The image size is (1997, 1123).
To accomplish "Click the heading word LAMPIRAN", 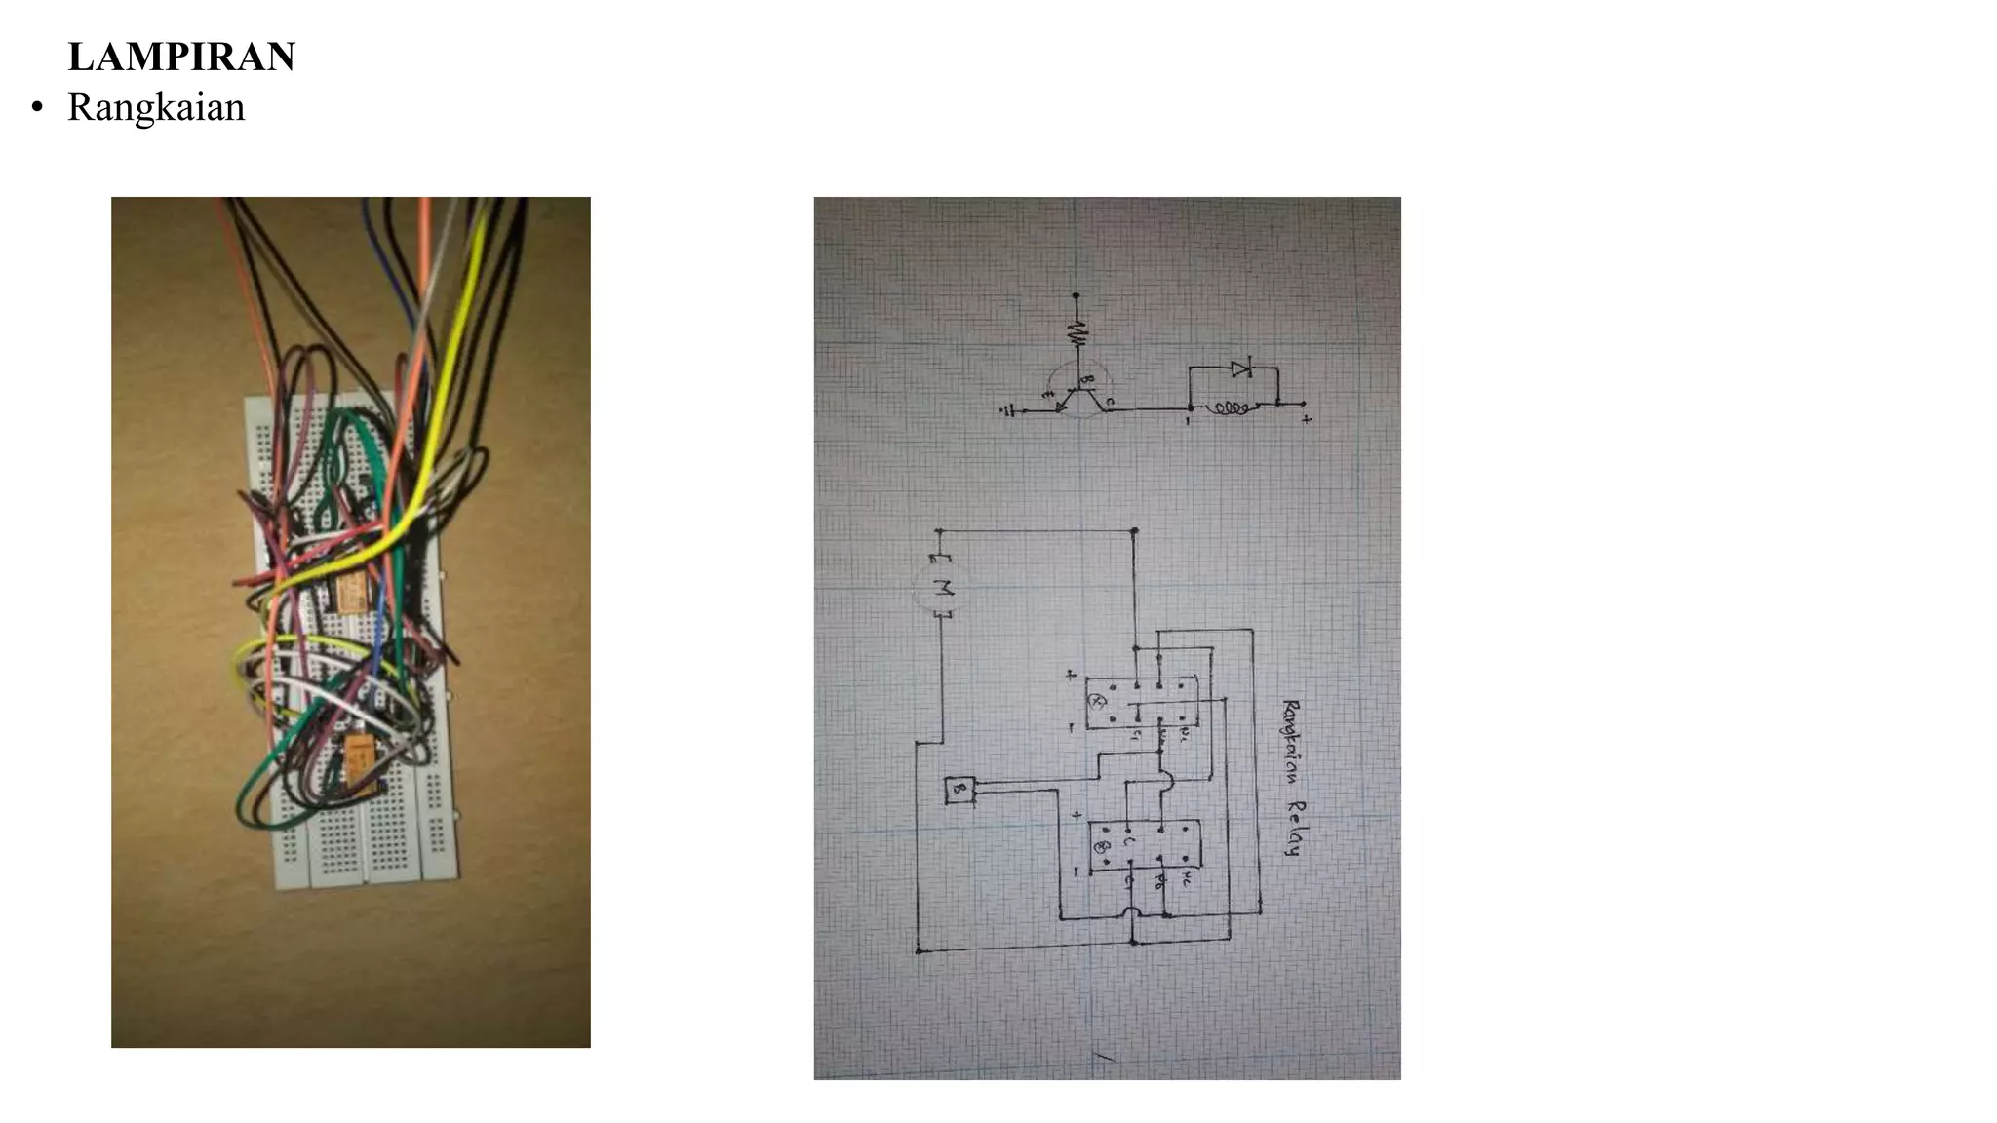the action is [181, 57].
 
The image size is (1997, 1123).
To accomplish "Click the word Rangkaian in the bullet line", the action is [156, 107].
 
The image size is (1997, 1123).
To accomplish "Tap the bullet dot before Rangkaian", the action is [37, 108].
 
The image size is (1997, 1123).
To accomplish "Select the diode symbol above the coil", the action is [1240, 368].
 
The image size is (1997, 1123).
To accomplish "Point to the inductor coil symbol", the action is [1230, 409].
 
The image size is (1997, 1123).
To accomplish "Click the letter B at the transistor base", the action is [1089, 379].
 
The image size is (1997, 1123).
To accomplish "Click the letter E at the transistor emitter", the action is [1047, 395].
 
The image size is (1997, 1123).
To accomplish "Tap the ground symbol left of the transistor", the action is [1009, 411].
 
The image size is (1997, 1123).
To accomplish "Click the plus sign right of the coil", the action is [1306, 419].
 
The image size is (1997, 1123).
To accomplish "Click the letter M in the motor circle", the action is [942, 588].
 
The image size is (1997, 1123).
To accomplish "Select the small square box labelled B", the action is [959, 790].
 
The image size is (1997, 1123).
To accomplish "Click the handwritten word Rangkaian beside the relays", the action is [1291, 742].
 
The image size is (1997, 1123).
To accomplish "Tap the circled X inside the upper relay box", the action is [1095, 701].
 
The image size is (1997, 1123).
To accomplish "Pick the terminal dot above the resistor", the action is [1077, 294].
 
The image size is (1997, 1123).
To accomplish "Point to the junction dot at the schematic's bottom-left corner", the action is [919, 950].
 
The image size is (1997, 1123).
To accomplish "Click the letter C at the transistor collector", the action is [1111, 401].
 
